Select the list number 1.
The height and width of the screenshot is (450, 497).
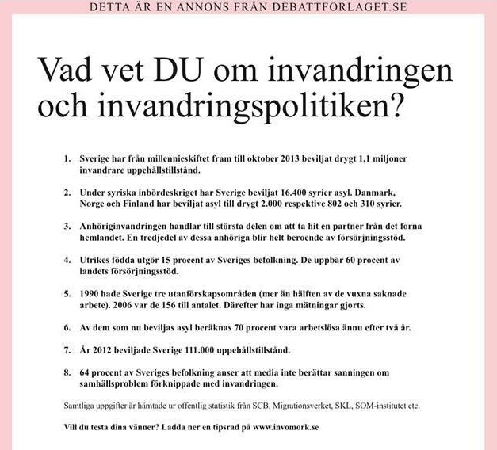[67, 159]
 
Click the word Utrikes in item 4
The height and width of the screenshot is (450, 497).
[95, 260]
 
